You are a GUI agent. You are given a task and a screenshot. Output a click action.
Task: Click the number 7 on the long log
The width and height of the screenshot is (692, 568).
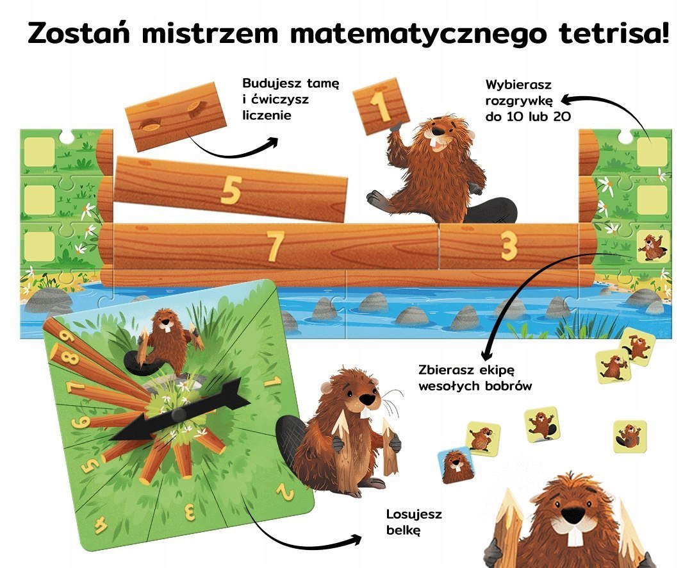(x=275, y=246)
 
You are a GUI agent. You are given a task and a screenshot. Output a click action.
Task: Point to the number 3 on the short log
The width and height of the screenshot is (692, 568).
(x=508, y=246)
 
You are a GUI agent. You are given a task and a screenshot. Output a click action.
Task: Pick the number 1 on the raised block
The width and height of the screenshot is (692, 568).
(x=382, y=106)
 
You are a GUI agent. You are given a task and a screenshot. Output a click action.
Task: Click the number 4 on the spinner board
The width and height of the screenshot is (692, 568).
(x=101, y=526)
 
